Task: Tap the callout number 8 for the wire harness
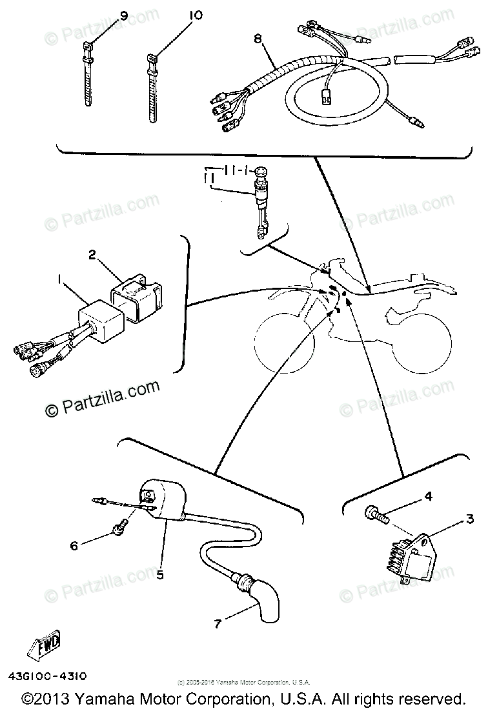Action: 258,39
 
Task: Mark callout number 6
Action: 74,545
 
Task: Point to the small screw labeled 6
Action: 119,529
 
